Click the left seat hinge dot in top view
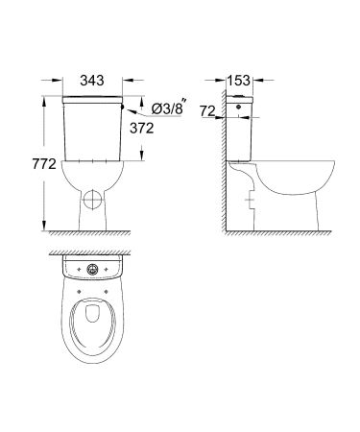75,284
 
